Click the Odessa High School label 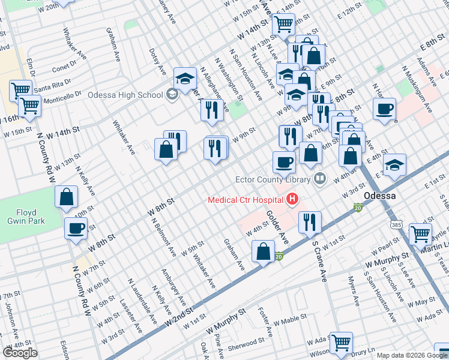coord(125,95)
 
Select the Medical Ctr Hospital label coord(246,199)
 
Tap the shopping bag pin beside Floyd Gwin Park coord(67,196)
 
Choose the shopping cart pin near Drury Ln coord(341,343)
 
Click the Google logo coord(20,353)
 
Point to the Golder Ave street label coord(278,229)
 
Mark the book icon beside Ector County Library coord(320,178)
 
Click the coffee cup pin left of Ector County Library coord(284,161)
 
